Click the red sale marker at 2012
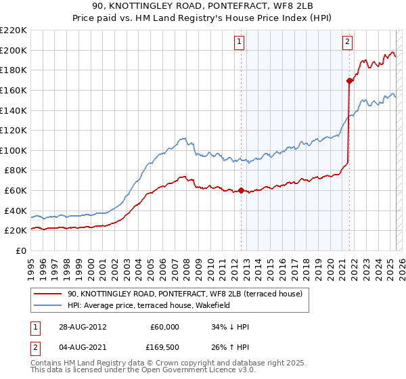241,191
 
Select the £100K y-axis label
14,150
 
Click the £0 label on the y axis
22,250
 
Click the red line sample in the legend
48,294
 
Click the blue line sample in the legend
48,305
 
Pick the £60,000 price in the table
165,327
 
